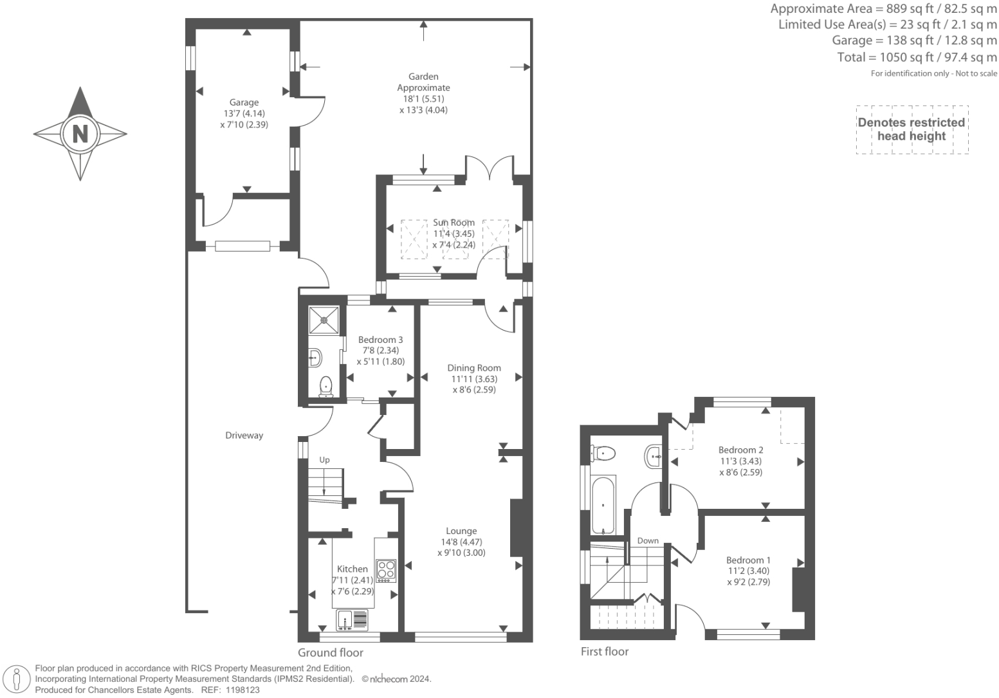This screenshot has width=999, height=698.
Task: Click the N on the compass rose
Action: [80, 134]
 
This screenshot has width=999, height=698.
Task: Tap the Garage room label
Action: [244, 102]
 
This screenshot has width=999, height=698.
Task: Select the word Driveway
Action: [244, 436]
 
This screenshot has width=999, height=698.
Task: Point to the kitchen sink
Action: [352, 620]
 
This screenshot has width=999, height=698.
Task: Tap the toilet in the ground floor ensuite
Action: [326, 386]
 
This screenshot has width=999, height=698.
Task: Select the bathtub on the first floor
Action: [603, 505]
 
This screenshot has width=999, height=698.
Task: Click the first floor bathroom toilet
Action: [605, 454]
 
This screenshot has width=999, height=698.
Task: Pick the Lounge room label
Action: [461, 531]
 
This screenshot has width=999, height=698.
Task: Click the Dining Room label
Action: [474, 368]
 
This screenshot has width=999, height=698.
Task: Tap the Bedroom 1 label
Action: [748, 560]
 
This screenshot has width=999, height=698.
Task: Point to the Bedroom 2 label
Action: [740, 450]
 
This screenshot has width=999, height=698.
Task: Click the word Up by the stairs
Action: [324, 460]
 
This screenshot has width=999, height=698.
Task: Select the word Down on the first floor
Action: [648, 540]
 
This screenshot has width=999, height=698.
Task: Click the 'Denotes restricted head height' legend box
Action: [912, 129]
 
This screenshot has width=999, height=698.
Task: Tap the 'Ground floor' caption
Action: [331, 652]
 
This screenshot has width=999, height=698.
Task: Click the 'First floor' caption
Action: [604, 651]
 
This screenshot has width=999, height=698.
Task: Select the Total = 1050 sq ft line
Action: [917, 57]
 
